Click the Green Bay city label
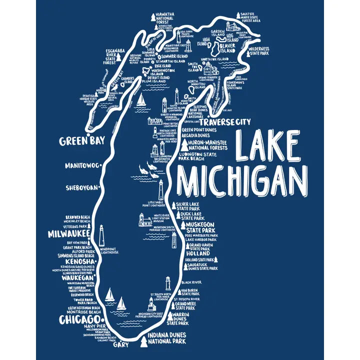tap(81, 140)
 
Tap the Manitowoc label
tap(81, 165)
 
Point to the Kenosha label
tap(78, 261)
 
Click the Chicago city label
tap(78, 319)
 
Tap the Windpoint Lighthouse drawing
tap(101, 235)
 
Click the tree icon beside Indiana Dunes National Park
tap(144, 342)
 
